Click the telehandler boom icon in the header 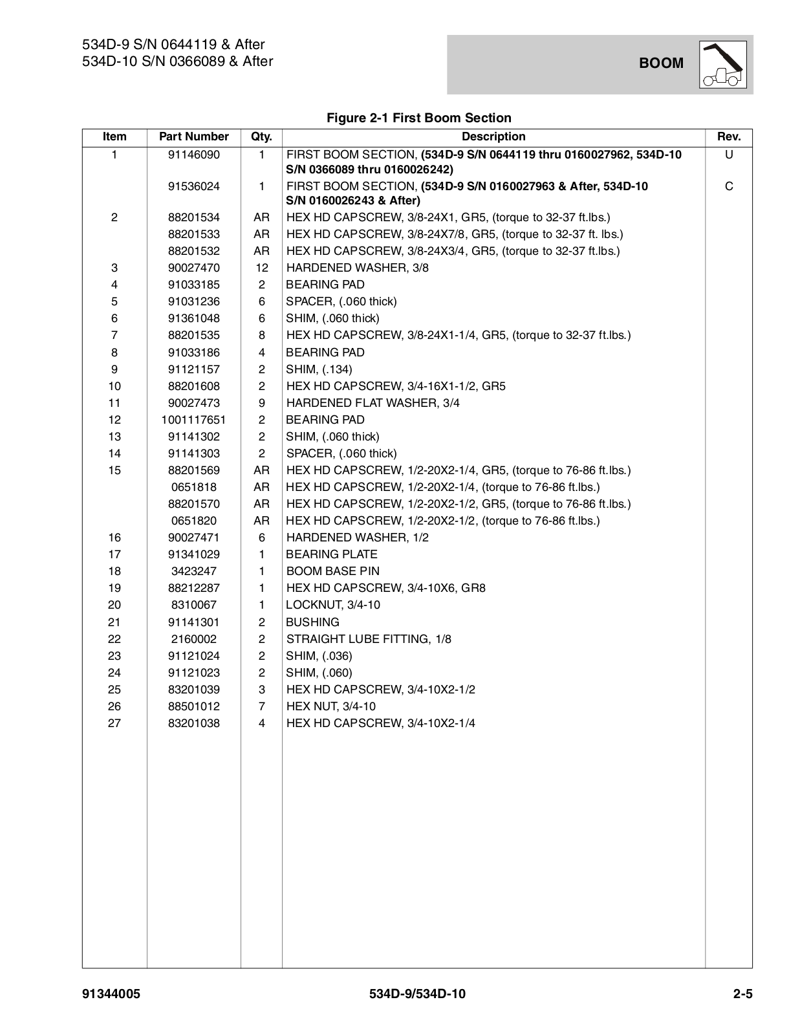[x=722, y=64]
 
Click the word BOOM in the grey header [x=661, y=63]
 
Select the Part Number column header [x=194, y=136]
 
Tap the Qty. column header [x=261, y=136]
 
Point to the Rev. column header [x=729, y=136]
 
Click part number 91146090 [x=194, y=155]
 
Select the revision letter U [x=729, y=155]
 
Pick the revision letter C [x=729, y=186]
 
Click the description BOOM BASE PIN [x=333, y=571]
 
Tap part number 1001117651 [x=194, y=420]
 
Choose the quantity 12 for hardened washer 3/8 [x=261, y=268]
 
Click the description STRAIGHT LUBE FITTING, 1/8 [x=369, y=639]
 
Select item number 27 [x=114, y=723]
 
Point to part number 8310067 [x=194, y=605]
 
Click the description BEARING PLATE [x=332, y=554]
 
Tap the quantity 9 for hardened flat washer [x=261, y=403]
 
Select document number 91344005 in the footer [x=111, y=994]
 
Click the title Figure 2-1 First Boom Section [x=419, y=118]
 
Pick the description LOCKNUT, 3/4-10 [x=333, y=605]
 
